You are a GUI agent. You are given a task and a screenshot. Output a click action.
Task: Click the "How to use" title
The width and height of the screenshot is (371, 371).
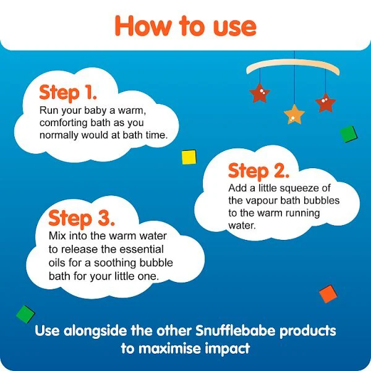point(185,26)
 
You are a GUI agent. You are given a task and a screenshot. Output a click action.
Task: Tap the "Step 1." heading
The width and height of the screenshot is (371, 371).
point(68,93)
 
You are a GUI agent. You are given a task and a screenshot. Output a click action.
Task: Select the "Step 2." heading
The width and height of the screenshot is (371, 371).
point(258,171)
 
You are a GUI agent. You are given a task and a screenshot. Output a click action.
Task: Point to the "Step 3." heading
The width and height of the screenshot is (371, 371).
point(82,218)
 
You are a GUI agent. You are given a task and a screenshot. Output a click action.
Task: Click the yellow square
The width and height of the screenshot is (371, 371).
point(189,157)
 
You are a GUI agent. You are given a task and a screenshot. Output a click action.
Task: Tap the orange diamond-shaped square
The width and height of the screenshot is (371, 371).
point(328,294)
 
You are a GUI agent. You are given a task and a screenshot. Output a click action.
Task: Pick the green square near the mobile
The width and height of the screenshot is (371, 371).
point(349,134)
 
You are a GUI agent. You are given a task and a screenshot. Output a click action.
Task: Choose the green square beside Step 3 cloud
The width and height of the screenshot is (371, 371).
point(25,314)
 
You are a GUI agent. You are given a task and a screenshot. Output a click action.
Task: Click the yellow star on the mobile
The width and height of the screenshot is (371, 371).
point(294,114)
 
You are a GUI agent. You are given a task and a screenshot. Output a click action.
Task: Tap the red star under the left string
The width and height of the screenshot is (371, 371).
point(260,93)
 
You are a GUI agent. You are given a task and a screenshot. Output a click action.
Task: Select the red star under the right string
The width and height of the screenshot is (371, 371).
point(326,103)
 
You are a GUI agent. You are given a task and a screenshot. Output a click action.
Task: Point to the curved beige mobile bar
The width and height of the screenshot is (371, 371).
point(293,66)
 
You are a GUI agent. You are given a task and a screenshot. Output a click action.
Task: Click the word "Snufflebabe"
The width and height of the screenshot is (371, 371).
point(236,331)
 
